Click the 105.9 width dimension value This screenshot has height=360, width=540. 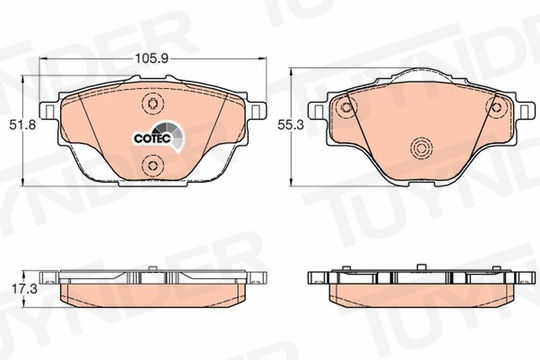point(151,59)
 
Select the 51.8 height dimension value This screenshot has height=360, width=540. point(22,125)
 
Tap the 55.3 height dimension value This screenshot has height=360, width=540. point(291,125)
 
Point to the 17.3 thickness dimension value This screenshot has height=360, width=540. point(25,289)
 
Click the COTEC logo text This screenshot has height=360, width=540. point(152,138)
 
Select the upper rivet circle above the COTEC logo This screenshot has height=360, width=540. point(152,103)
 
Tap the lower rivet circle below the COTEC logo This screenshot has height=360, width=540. point(152,166)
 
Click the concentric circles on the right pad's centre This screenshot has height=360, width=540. point(421,148)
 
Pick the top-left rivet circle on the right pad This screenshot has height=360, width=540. point(345,107)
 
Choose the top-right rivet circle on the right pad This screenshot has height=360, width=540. point(496,107)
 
